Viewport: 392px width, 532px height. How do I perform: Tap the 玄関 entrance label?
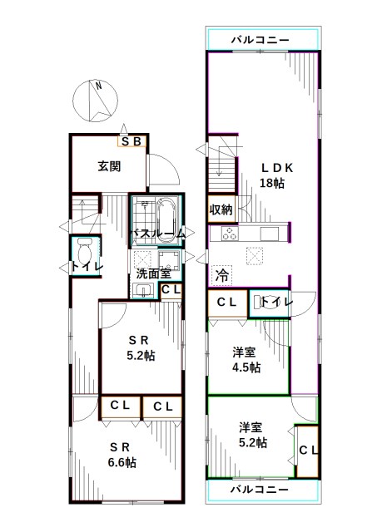pos(109,166)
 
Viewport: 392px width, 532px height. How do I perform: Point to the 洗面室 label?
pos(153,273)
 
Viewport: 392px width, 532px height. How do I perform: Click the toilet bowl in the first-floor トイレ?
pos(83,249)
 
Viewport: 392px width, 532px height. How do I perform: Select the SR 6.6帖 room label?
pos(121,455)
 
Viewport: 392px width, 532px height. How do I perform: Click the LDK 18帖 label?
pos(272,175)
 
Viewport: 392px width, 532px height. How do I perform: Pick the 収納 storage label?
pos(221,209)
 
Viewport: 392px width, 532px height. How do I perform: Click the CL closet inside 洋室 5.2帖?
pos(307,451)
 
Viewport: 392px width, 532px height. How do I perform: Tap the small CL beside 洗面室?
pos(171,289)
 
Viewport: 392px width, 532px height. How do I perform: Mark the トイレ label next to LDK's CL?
pos(275,303)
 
